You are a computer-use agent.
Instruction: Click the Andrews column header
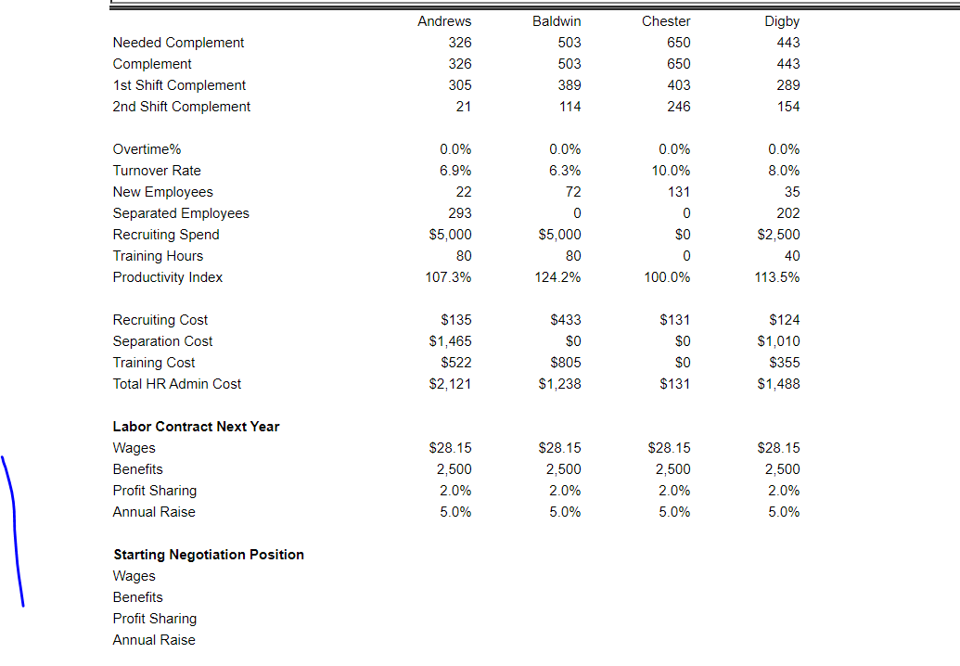(x=444, y=21)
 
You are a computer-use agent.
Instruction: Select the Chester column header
(x=666, y=21)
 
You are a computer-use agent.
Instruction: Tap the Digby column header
(x=782, y=21)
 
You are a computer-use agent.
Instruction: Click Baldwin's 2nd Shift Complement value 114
(x=570, y=107)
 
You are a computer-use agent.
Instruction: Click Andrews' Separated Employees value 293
(x=459, y=213)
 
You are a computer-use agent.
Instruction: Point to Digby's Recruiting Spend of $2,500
(x=777, y=235)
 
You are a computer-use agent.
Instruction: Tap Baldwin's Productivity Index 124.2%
(x=559, y=277)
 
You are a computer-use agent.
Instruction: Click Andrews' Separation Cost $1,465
(x=450, y=341)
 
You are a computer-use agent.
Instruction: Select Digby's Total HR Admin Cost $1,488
(x=777, y=384)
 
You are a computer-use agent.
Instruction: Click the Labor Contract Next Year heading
(x=196, y=427)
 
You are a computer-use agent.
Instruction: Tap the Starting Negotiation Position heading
(x=209, y=555)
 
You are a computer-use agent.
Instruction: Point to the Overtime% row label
(x=147, y=149)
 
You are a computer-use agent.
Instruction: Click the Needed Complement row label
(x=178, y=43)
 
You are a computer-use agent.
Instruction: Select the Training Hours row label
(x=158, y=256)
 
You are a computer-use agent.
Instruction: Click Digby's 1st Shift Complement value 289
(x=787, y=85)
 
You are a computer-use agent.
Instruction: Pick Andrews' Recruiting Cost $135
(x=455, y=320)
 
